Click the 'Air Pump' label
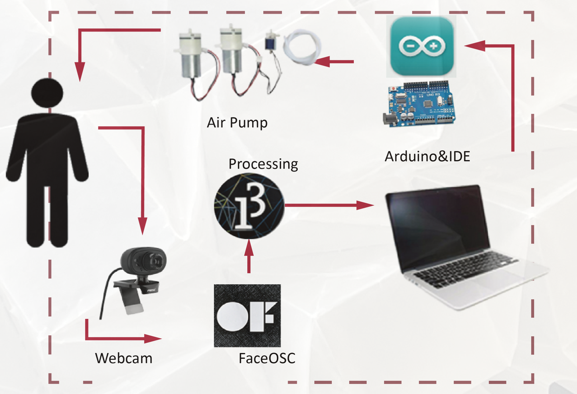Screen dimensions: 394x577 tap(237, 123)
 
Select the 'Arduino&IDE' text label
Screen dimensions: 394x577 tap(427, 157)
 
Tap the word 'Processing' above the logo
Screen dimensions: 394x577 tap(263, 164)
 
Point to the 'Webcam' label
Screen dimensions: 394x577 tap(124, 358)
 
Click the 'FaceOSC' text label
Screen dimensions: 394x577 tap(267, 358)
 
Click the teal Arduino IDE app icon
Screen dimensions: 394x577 tap(422, 46)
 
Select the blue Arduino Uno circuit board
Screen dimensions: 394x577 tap(420, 104)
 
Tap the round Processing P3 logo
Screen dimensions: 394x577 tap(249, 206)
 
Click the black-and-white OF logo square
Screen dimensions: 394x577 tap(247, 316)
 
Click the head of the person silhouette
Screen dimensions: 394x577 tap(47, 93)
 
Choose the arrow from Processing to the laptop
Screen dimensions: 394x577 tap(329, 205)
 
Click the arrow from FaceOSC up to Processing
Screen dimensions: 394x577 tap(249, 256)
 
